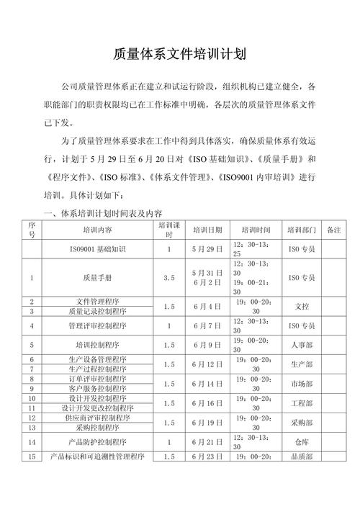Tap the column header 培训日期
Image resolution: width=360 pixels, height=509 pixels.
[207, 230]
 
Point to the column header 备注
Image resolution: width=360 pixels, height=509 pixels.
[333, 230]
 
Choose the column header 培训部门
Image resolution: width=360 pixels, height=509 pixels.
[302, 230]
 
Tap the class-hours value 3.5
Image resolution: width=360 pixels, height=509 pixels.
[169, 276]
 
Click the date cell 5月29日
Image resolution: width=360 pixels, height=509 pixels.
[207, 249]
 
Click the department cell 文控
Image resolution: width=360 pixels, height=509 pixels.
[302, 306]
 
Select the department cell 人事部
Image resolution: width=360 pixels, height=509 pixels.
[302, 345]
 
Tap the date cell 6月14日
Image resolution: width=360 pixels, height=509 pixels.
[207, 384]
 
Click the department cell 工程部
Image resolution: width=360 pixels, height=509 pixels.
[302, 403]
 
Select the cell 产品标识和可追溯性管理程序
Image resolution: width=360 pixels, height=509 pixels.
[97, 457]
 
